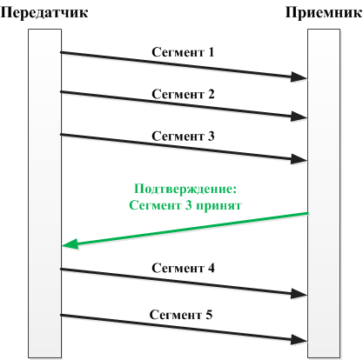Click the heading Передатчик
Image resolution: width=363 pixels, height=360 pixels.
pyautogui.click(x=44, y=13)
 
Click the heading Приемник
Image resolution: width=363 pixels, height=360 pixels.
pyautogui.click(x=324, y=13)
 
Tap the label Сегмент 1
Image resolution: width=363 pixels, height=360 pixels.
pyautogui.click(x=183, y=52)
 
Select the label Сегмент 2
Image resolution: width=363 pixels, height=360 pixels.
pyautogui.click(x=183, y=94)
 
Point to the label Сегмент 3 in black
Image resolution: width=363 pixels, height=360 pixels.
pyautogui.click(x=183, y=136)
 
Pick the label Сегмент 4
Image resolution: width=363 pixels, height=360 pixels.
pyautogui.click(x=183, y=268)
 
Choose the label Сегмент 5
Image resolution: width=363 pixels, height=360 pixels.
pyautogui.click(x=181, y=315)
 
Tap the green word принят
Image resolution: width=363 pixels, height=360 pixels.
pyautogui.click(x=219, y=206)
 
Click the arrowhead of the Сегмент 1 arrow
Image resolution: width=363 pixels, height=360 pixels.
pyautogui.click(x=299, y=77)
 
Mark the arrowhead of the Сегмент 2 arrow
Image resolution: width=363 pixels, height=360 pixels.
pyautogui.click(x=299, y=117)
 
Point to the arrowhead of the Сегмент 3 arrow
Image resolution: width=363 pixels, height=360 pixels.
pyautogui.click(x=299, y=159)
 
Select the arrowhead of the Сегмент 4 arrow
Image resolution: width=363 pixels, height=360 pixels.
pyautogui.click(x=299, y=294)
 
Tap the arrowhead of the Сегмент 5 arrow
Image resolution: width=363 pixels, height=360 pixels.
pyautogui.click(x=299, y=339)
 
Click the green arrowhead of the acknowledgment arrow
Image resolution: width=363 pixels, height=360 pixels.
pyautogui.click(x=71, y=244)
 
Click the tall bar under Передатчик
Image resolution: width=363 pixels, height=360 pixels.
pyautogui.click(x=45, y=193)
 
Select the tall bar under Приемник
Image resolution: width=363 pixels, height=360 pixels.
pyautogui.click(x=324, y=193)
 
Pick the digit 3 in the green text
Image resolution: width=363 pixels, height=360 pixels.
pyautogui.click(x=188, y=205)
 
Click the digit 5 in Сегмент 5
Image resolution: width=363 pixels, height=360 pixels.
pyautogui.click(x=209, y=315)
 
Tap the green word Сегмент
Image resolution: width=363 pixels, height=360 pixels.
pyautogui.click(x=155, y=205)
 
